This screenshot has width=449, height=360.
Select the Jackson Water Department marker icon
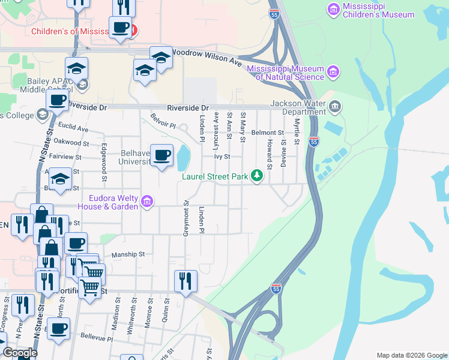click(335, 107)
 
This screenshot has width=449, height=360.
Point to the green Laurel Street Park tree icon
click(258, 175)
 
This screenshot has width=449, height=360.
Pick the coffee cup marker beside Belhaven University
click(161, 155)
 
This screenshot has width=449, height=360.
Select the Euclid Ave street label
click(73, 128)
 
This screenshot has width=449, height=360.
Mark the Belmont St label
click(267, 132)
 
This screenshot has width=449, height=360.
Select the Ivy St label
click(223, 157)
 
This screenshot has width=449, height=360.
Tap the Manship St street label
click(128, 254)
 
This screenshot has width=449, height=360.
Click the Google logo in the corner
click(20, 353)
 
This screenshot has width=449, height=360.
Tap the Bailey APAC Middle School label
click(47, 85)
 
